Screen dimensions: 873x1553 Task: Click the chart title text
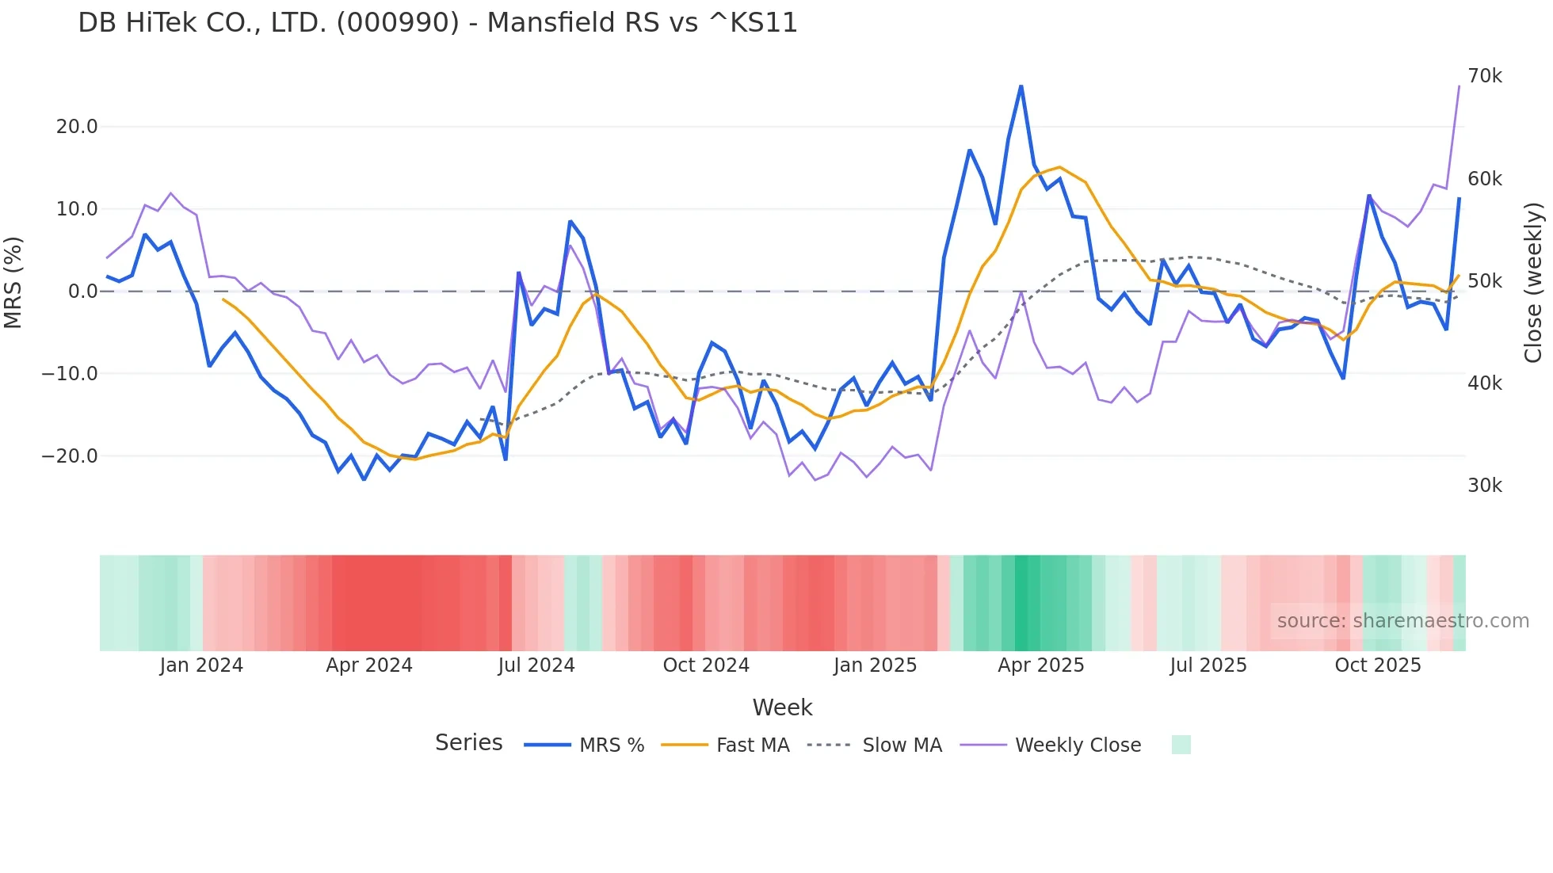(x=437, y=23)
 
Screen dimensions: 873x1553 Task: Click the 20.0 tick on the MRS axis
(x=77, y=127)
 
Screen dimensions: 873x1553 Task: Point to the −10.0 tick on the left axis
(x=70, y=374)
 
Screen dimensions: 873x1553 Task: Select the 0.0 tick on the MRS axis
(x=82, y=292)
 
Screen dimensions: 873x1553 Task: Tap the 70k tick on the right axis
(x=1484, y=76)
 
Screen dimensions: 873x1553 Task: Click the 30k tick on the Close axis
(x=1484, y=486)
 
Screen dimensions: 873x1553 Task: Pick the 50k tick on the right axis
(x=1484, y=281)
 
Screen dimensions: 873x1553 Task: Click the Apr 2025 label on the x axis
(x=1040, y=665)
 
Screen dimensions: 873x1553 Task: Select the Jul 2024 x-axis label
(x=536, y=665)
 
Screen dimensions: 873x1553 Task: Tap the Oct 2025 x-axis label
(x=1377, y=665)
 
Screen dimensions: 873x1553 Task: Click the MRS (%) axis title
(x=13, y=282)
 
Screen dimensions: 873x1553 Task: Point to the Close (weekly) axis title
(x=1533, y=282)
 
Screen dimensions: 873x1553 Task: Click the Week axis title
(x=782, y=707)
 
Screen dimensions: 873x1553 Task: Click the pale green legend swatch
(x=1181, y=745)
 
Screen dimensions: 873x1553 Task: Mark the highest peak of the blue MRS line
(x=1021, y=86)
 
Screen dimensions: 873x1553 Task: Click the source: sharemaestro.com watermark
(x=1402, y=621)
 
